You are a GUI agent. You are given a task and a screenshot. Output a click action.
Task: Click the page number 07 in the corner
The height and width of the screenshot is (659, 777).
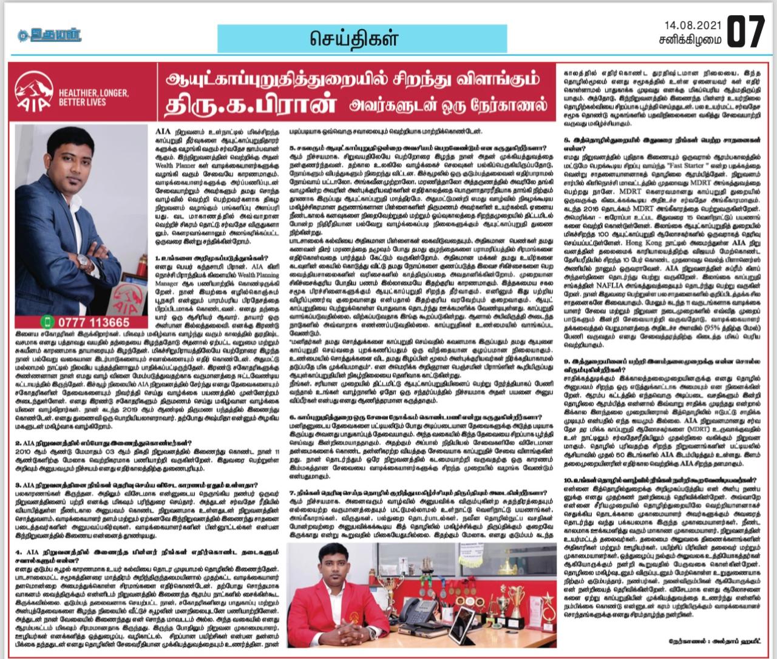[745, 32]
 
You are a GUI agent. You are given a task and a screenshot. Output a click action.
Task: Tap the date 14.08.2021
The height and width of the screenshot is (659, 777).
[692, 25]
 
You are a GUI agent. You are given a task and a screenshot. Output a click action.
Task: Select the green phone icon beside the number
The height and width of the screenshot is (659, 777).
[48, 322]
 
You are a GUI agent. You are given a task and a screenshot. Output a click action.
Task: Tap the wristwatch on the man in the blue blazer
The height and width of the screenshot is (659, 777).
[82, 262]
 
